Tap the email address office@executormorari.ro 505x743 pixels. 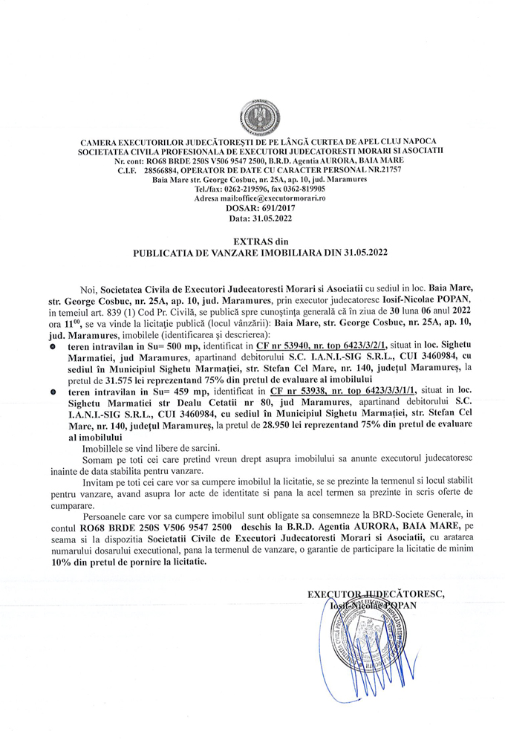tap(275, 199)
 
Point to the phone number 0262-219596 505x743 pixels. tap(241, 189)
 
